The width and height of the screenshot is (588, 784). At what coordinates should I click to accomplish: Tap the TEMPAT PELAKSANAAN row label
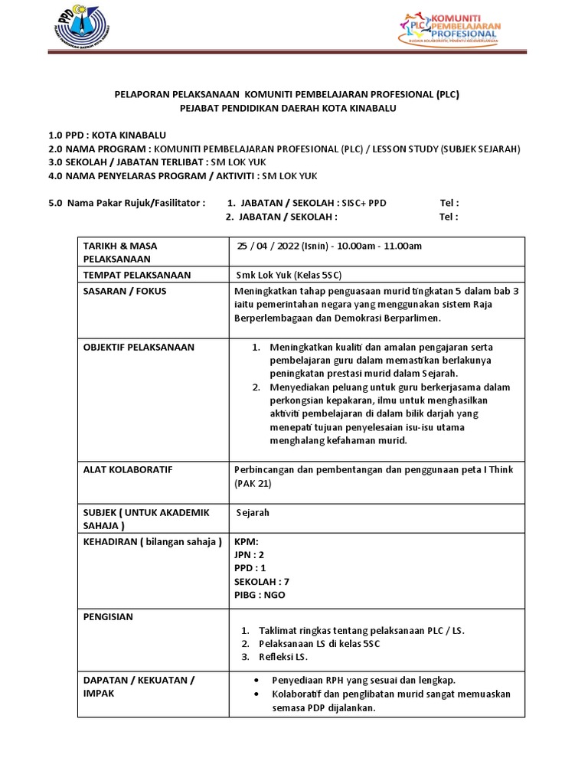coord(137,275)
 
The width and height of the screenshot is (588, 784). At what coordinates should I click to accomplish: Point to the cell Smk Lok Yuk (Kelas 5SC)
coord(294,275)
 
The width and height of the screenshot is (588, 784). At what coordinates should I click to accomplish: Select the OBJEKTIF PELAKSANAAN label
coord(139,347)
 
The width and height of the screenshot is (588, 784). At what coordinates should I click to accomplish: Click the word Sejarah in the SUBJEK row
coord(253,512)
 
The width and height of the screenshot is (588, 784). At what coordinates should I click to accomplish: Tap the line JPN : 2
coord(250,554)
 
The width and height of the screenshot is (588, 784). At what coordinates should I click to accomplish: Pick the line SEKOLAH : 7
coord(262,581)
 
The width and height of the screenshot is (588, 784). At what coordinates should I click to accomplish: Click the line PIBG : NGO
coord(260,594)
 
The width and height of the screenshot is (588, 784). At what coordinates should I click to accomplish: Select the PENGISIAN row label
coord(109,616)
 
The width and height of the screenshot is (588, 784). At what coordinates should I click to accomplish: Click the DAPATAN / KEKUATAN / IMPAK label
coord(139,686)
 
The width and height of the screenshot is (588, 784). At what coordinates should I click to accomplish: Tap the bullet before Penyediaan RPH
coord(254,680)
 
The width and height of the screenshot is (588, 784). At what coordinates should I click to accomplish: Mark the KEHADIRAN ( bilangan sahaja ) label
coord(152,542)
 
